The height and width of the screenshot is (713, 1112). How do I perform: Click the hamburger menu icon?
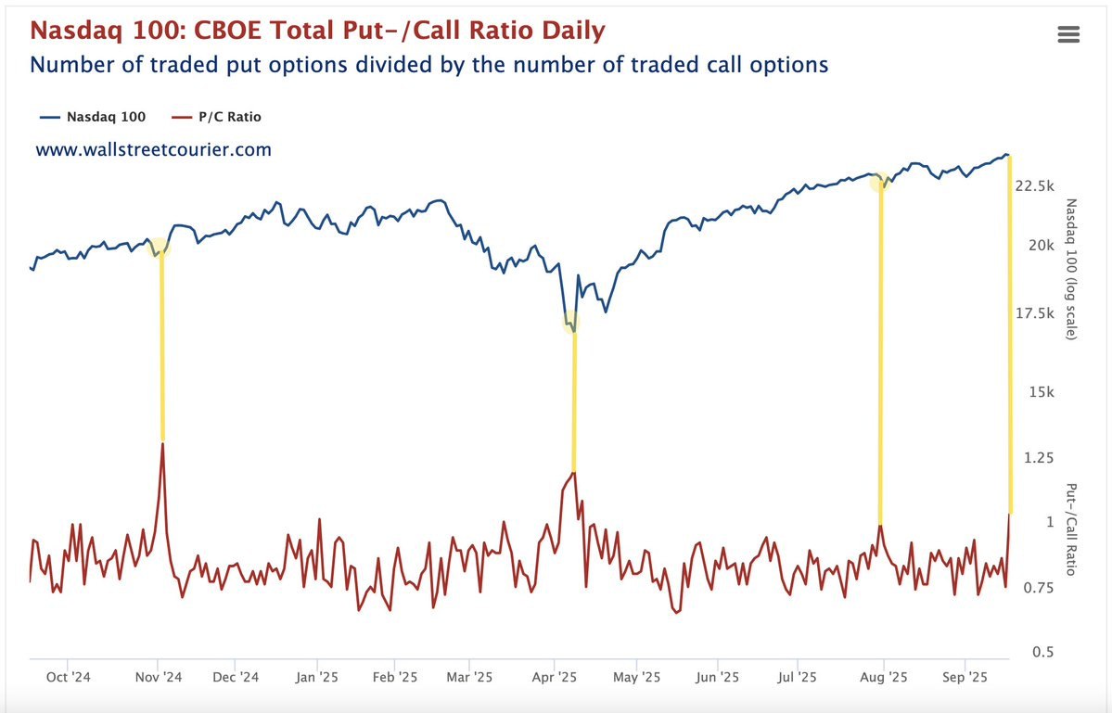click(x=1067, y=34)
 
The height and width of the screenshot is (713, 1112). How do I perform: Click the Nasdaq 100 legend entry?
click(x=93, y=117)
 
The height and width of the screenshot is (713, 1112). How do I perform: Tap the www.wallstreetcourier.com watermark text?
click(x=154, y=149)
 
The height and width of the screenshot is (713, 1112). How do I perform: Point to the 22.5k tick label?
click(x=1035, y=186)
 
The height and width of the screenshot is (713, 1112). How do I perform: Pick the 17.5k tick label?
click(x=1035, y=313)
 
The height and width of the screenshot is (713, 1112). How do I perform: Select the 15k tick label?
click(x=1041, y=392)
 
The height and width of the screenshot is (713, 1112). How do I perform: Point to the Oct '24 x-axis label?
click(x=70, y=677)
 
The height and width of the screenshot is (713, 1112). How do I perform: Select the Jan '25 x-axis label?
click(x=317, y=677)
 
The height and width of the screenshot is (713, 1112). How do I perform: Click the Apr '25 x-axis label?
click(x=555, y=677)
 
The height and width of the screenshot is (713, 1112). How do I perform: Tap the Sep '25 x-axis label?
click(x=965, y=677)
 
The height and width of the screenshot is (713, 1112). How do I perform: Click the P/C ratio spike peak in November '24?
click(x=163, y=444)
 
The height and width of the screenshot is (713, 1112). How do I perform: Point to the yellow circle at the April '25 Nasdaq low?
click(x=572, y=323)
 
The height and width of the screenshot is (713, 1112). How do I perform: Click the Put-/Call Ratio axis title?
click(x=1071, y=529)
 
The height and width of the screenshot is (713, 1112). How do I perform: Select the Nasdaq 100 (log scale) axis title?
click(x=1071, y=269)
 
